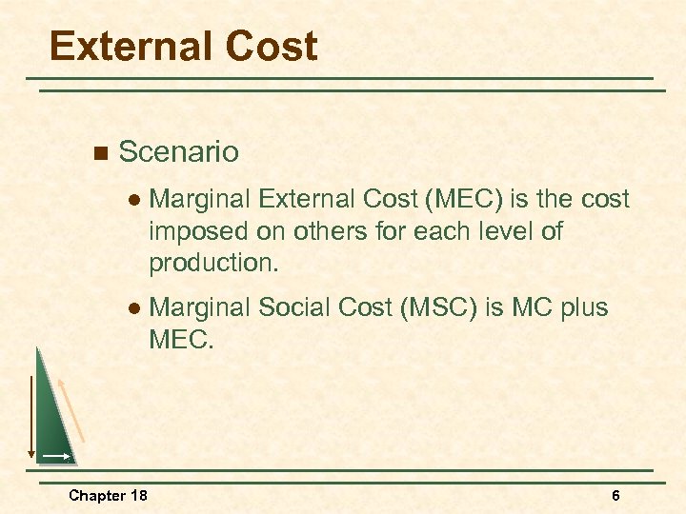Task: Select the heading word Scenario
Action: click(178, 152)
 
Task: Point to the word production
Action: click(214, 264)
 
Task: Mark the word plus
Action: click(577, 308)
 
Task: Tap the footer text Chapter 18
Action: click(108, 495)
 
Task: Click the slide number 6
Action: click(615, 495)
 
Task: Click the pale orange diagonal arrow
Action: click(72, 409)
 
